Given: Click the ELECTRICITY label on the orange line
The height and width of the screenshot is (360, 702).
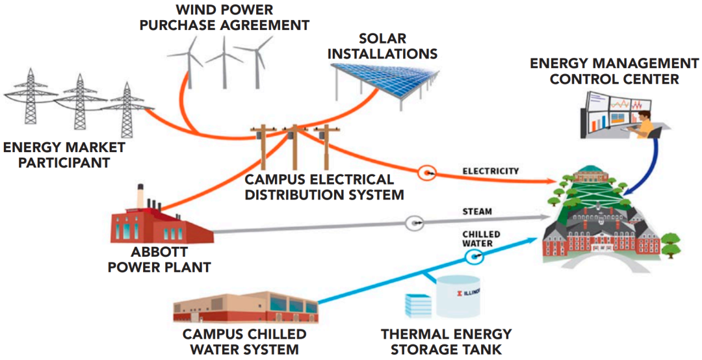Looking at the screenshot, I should point(491,172).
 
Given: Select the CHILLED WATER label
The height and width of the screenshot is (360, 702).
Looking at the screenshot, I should point(481,238).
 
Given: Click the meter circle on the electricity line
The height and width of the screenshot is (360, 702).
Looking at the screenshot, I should point(427,173).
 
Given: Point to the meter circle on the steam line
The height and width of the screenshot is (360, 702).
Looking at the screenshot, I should point(414,224).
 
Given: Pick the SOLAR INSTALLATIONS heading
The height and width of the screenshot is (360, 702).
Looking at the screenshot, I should point(382,45).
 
